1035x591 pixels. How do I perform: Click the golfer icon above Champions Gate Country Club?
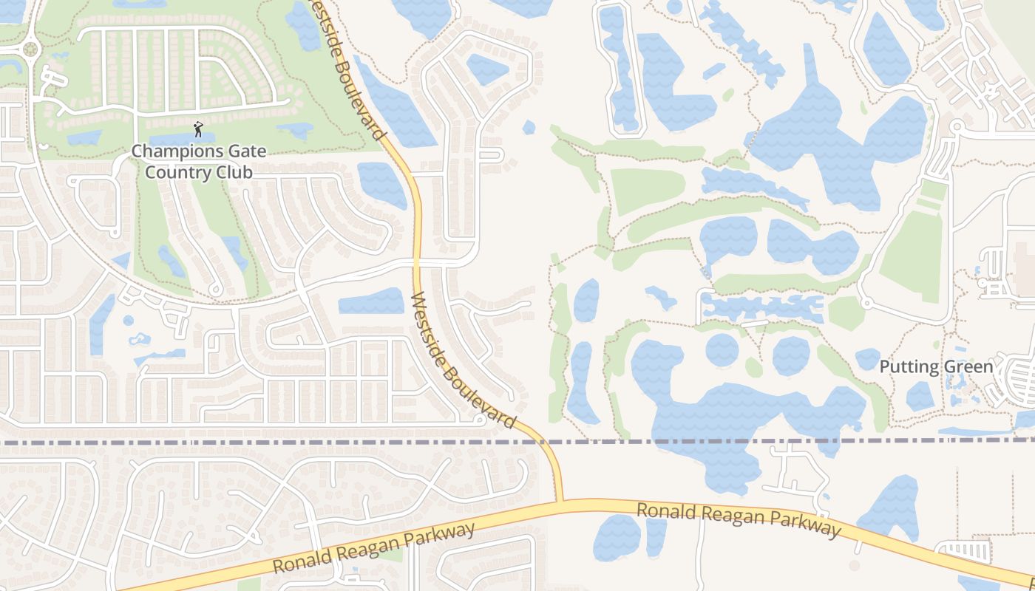[x=198, y=130]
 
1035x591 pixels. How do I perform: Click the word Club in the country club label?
[x=235, y=172]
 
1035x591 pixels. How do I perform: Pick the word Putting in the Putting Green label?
[x=908, y=366]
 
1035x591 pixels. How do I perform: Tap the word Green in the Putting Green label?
[x=966, y=366]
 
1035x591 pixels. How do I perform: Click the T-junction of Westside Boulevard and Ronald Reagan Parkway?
[x=560, y=502]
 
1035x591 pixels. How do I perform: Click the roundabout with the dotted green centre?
[x=30, y=49]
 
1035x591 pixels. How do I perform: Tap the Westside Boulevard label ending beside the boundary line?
[x=462, y=360]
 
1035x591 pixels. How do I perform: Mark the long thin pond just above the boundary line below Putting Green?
[x=976, y=431]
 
